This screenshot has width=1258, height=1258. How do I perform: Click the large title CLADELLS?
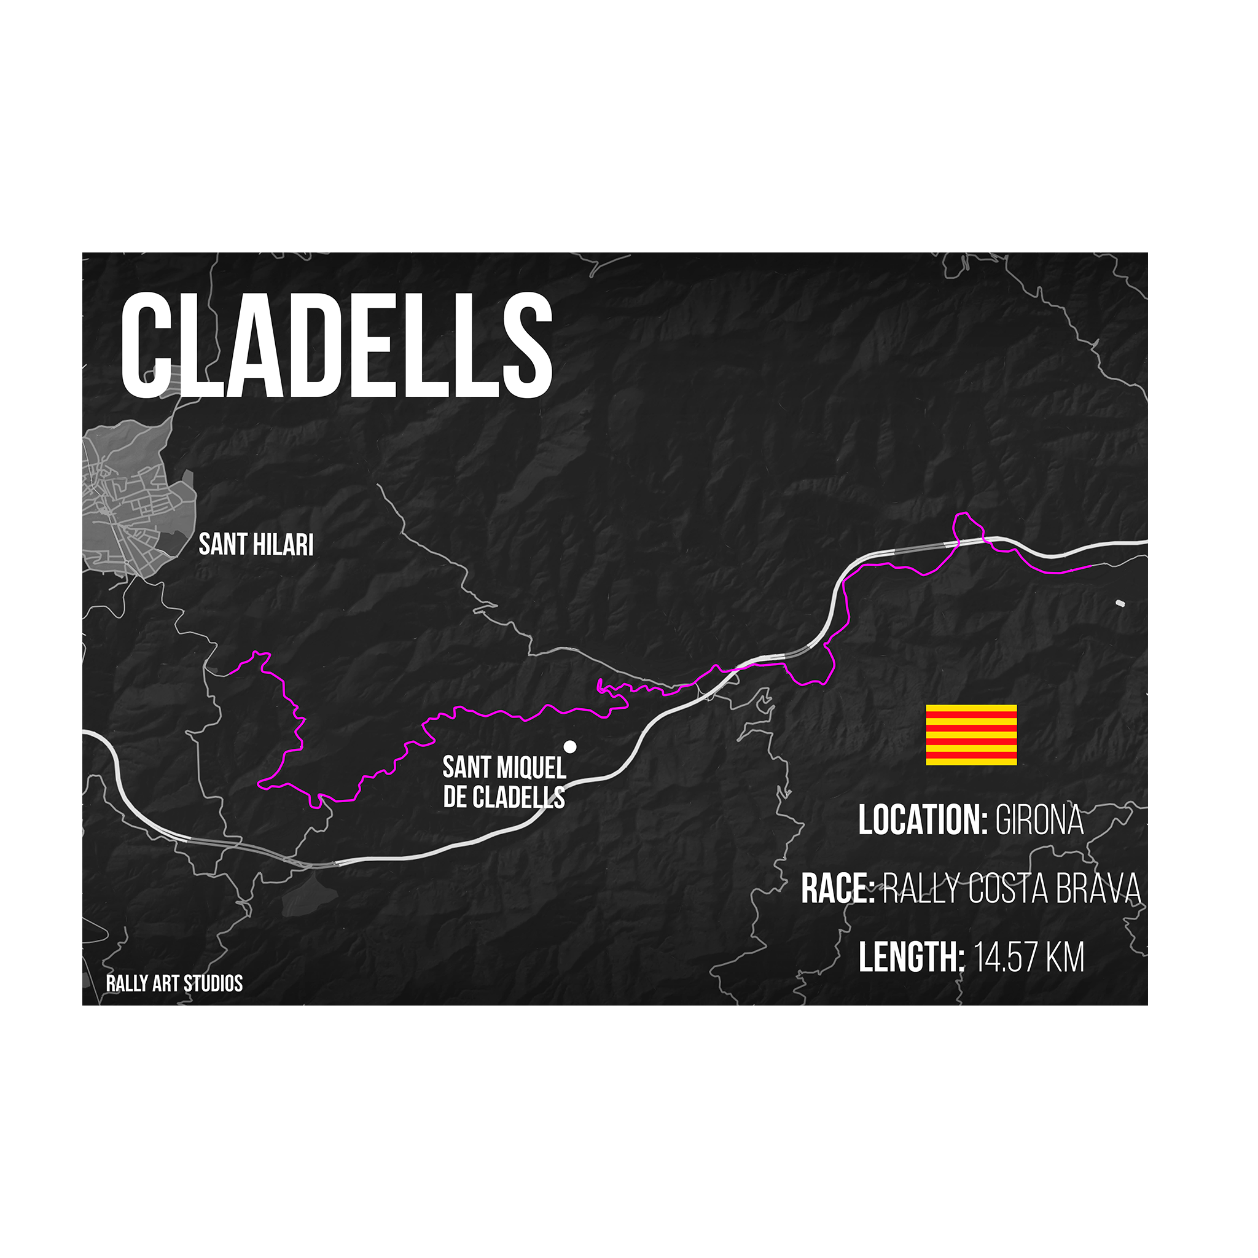point(336,345)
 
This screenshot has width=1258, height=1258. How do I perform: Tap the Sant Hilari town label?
point(256,545)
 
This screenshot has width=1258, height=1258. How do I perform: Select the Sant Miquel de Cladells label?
point(504,782)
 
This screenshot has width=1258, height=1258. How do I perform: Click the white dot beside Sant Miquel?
point(570,747)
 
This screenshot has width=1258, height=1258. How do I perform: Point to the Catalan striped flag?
point(971,735)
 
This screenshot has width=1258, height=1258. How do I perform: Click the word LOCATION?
point(923,820)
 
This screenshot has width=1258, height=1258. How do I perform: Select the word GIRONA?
point(1039,820)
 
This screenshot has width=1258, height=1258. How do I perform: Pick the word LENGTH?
point(911,957)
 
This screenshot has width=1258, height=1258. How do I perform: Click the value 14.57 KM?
point(1029,957)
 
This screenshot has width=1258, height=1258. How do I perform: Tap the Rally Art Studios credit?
point(174,983)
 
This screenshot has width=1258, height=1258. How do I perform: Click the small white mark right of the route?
point(1120,604)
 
